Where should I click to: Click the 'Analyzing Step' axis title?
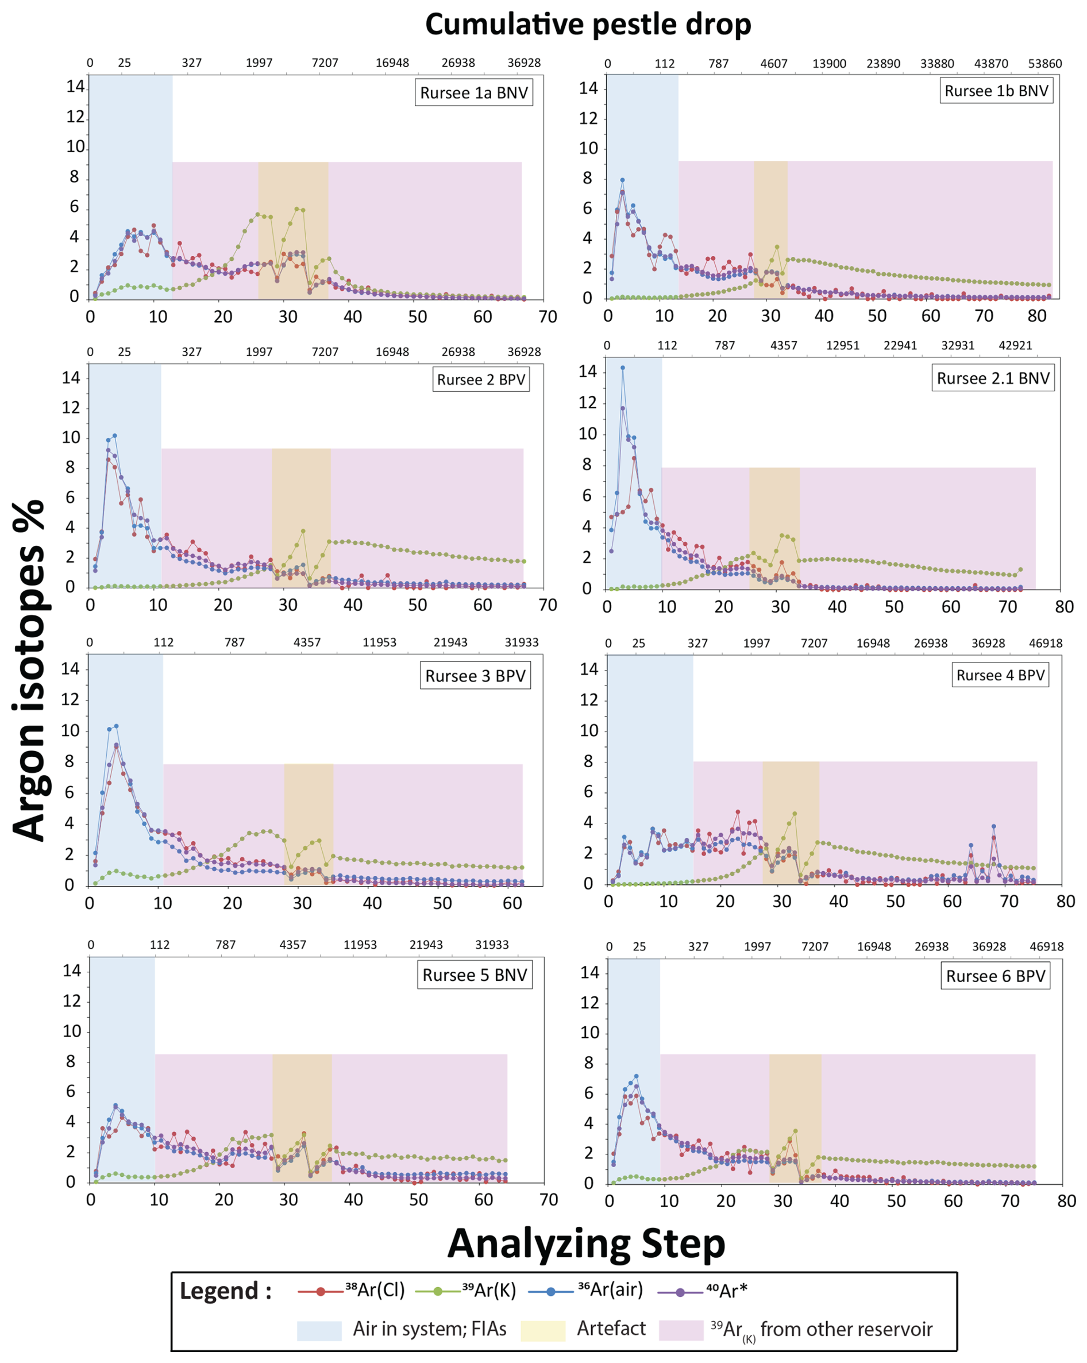(586, 1244)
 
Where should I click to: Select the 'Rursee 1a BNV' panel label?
(473, 93)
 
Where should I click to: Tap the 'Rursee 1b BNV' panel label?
(996, 91)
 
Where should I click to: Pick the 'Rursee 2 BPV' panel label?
(481, 380)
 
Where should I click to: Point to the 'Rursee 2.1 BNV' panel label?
(993, 379)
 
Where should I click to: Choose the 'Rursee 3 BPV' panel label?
(475, 676)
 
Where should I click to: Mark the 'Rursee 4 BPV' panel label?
(1000, 675)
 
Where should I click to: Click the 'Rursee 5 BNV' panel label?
(474, 975)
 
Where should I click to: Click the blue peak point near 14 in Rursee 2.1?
(623, 367)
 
